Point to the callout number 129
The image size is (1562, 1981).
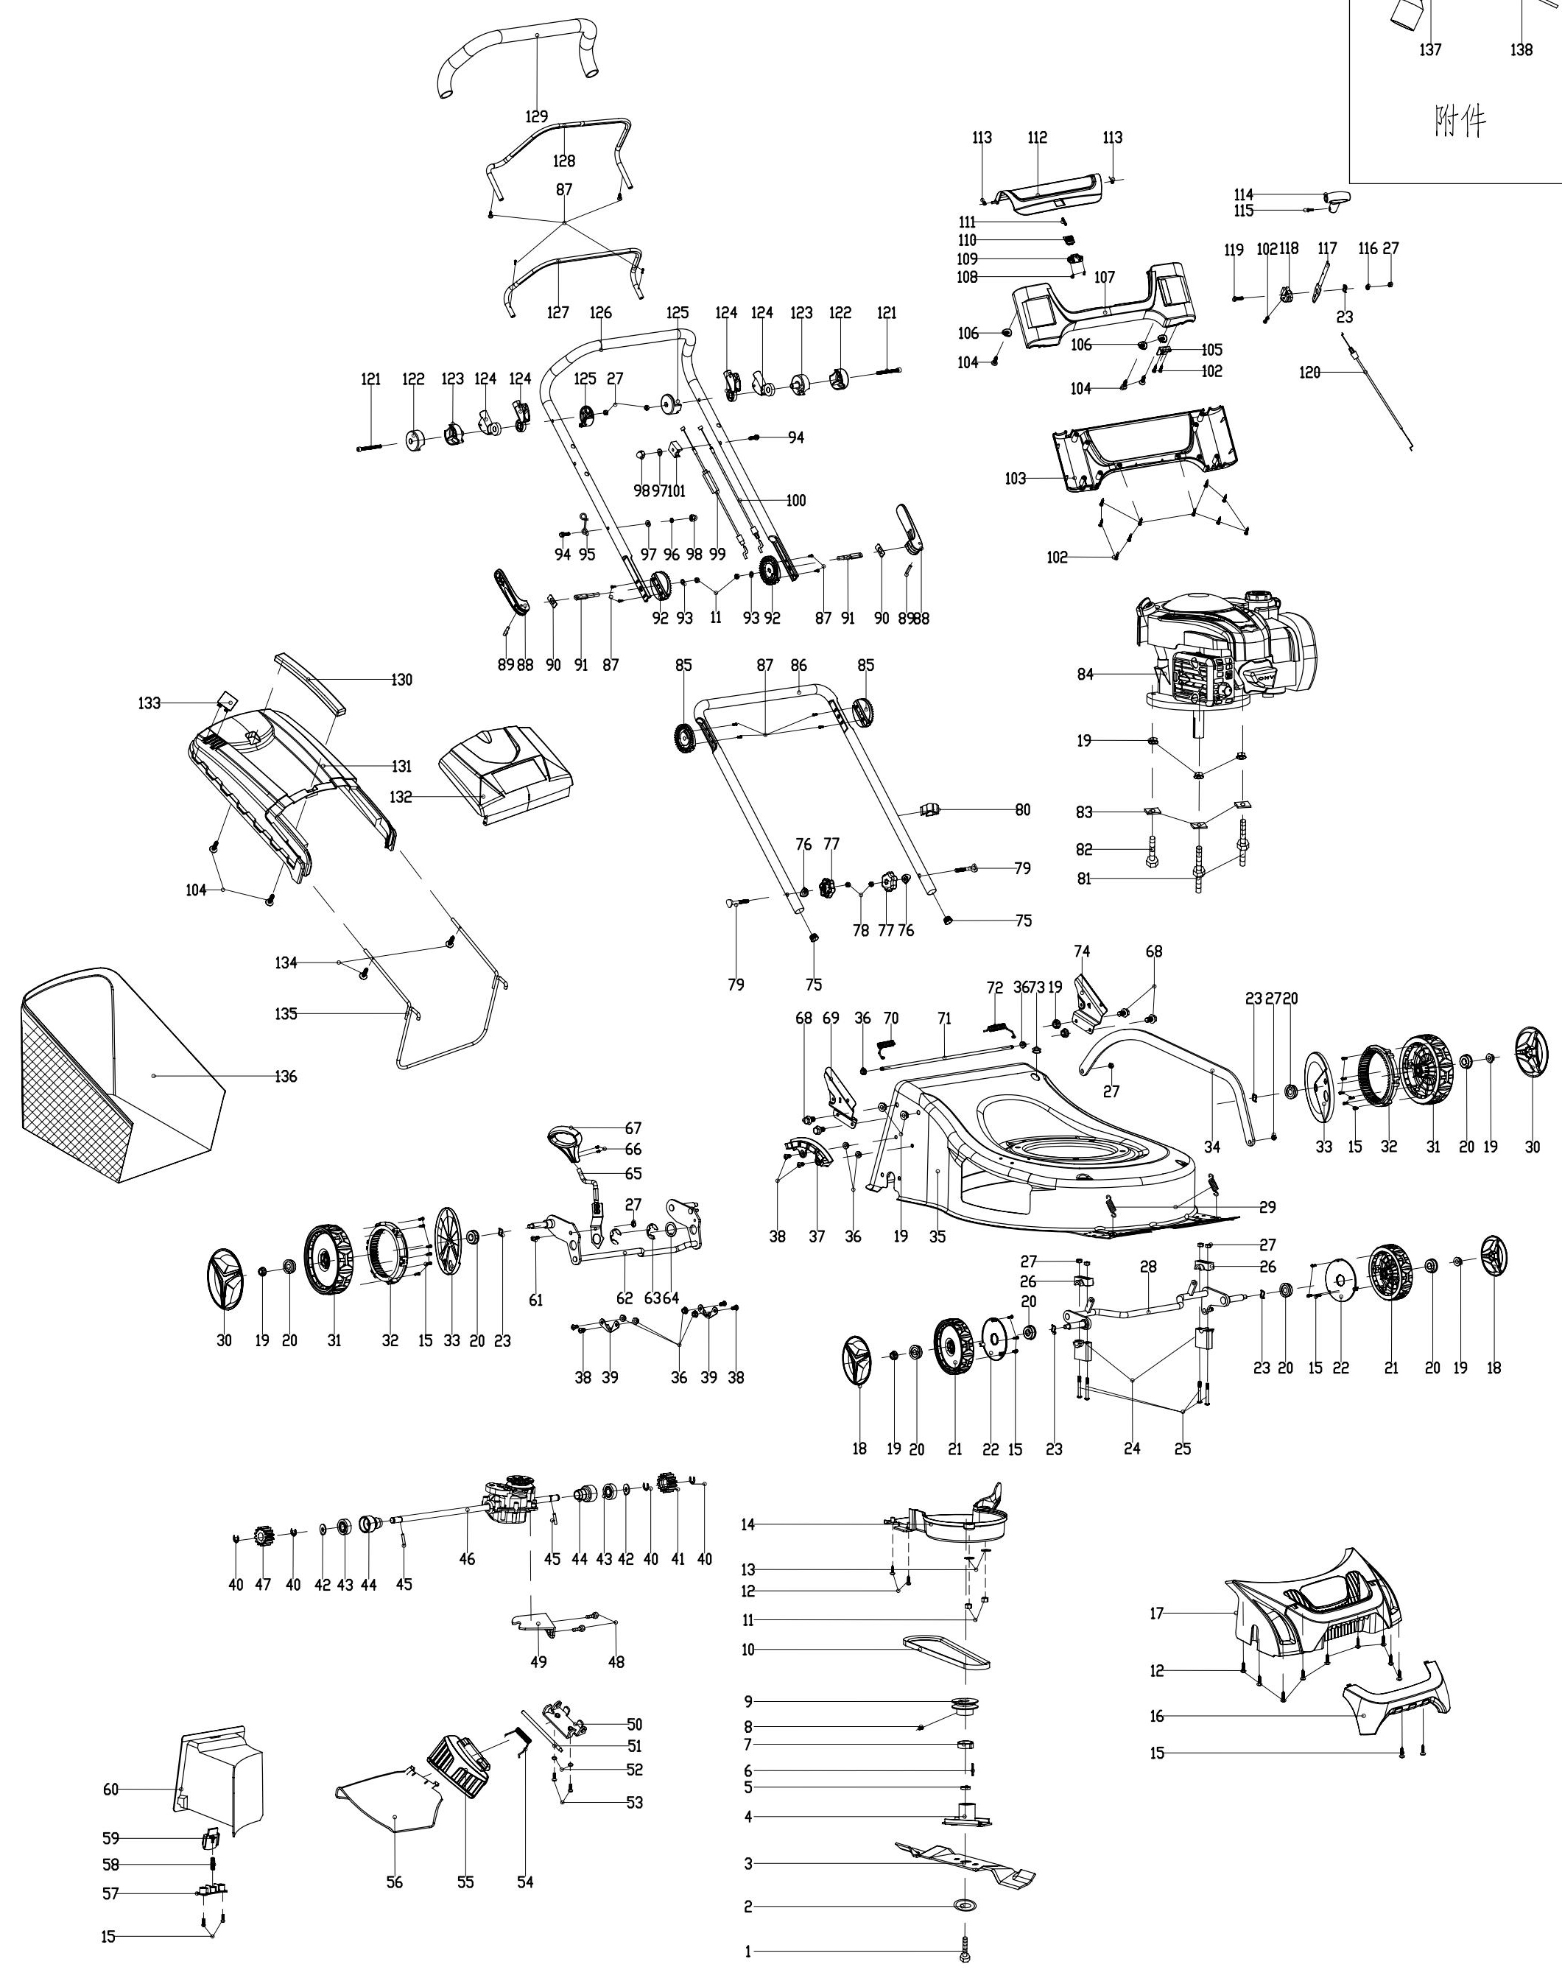tap(537, 116)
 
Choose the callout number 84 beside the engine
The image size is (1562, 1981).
tap(1086, 675)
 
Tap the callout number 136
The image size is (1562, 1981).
tap(286, 1077)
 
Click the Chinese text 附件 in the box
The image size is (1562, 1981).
tap(1460, 121)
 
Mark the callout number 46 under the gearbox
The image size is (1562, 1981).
tap(468, 1558)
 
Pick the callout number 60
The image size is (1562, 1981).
tap(110, 1789)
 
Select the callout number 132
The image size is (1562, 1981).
tap(401, 797)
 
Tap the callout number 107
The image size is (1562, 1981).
tap(1105, 276)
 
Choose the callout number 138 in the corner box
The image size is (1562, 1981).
tap(1521, 49)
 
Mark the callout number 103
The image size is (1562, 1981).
tap(1015, 479)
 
